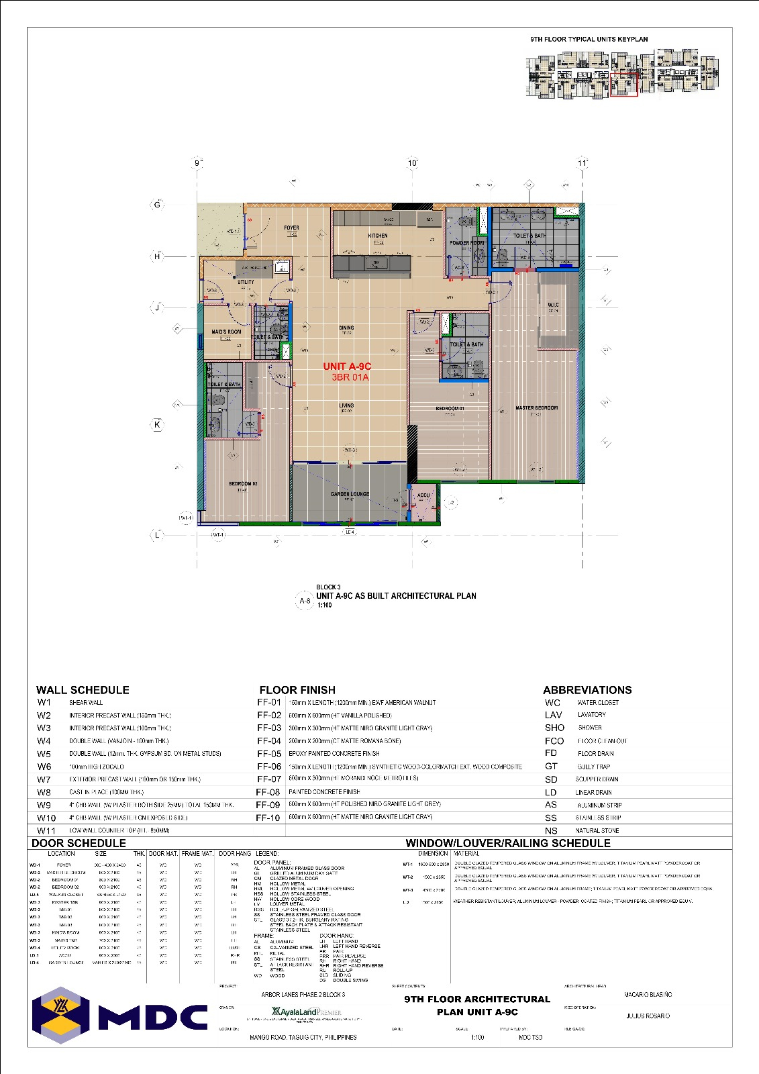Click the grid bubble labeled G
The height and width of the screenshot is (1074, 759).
pos(157,204)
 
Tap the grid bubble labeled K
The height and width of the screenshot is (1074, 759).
pos(157,424)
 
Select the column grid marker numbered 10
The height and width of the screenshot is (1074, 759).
pos(413,163)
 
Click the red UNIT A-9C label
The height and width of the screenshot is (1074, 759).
pos(347,366)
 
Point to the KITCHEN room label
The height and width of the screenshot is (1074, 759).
pos(378,236)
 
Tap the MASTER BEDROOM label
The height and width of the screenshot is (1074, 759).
pos(536,407)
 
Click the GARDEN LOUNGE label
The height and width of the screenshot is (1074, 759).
pos(350,494)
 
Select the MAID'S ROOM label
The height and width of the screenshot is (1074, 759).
pos(226,332)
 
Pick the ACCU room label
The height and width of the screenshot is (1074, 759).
pos(423,495)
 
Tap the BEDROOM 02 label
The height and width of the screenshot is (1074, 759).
pos(242,483)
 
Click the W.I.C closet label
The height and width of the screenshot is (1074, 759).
pos(553,305)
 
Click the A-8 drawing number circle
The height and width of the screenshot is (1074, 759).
pos(305,601)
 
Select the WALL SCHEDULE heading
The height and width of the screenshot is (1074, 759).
pos(83,690)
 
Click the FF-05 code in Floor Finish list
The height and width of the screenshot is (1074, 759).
pos(268,754)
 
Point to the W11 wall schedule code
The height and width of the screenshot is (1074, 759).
pos(46,831)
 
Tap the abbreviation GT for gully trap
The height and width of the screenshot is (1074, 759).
pos(551,766)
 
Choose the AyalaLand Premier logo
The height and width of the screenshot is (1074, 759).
pos(306,1012)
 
